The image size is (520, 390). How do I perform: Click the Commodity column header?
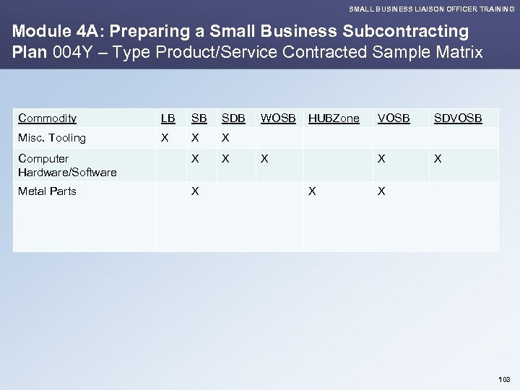48,118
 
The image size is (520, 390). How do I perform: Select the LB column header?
168,118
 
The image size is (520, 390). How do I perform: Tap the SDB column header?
233,118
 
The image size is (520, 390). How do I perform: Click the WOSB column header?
278,118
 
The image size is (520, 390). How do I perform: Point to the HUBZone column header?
334,118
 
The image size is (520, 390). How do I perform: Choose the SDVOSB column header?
458,118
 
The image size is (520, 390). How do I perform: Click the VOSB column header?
393,118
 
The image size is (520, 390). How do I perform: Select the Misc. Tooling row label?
52,138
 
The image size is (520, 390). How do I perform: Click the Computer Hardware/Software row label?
67,165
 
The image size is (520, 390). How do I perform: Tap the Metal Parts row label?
48,191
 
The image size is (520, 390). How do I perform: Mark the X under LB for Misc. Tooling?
165,138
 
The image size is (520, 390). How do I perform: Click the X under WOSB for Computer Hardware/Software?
264,159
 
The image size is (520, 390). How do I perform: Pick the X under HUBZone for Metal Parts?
312,191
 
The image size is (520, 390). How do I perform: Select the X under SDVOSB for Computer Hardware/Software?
438,159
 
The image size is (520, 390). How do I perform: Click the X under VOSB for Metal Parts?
382,191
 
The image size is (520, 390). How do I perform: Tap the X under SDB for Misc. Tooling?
225,138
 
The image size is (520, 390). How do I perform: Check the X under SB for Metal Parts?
194,191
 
